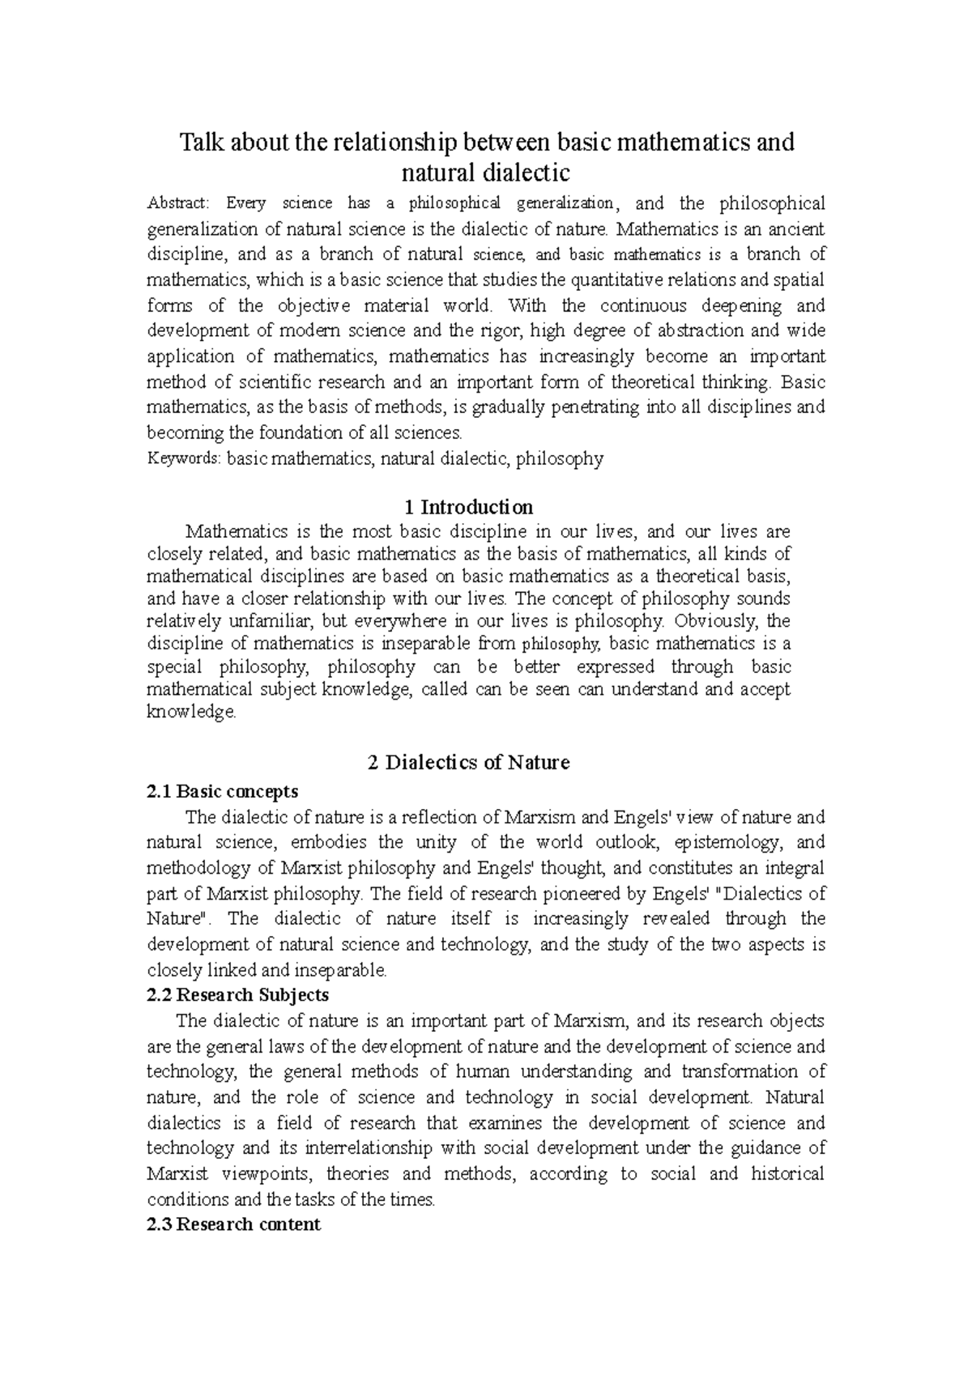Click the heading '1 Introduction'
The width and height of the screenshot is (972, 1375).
pyautogui.click(x=468, y=508)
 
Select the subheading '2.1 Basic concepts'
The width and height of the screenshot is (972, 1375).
pyautogui.click(x=222, y=791)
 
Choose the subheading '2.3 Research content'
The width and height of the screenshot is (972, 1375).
pyautogui.click(x=233, y=1224)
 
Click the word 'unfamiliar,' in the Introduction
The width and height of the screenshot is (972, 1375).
pyautogui.click(x=273, y=622)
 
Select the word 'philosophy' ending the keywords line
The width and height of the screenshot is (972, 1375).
pyautogui.click(x=560, y=459)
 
